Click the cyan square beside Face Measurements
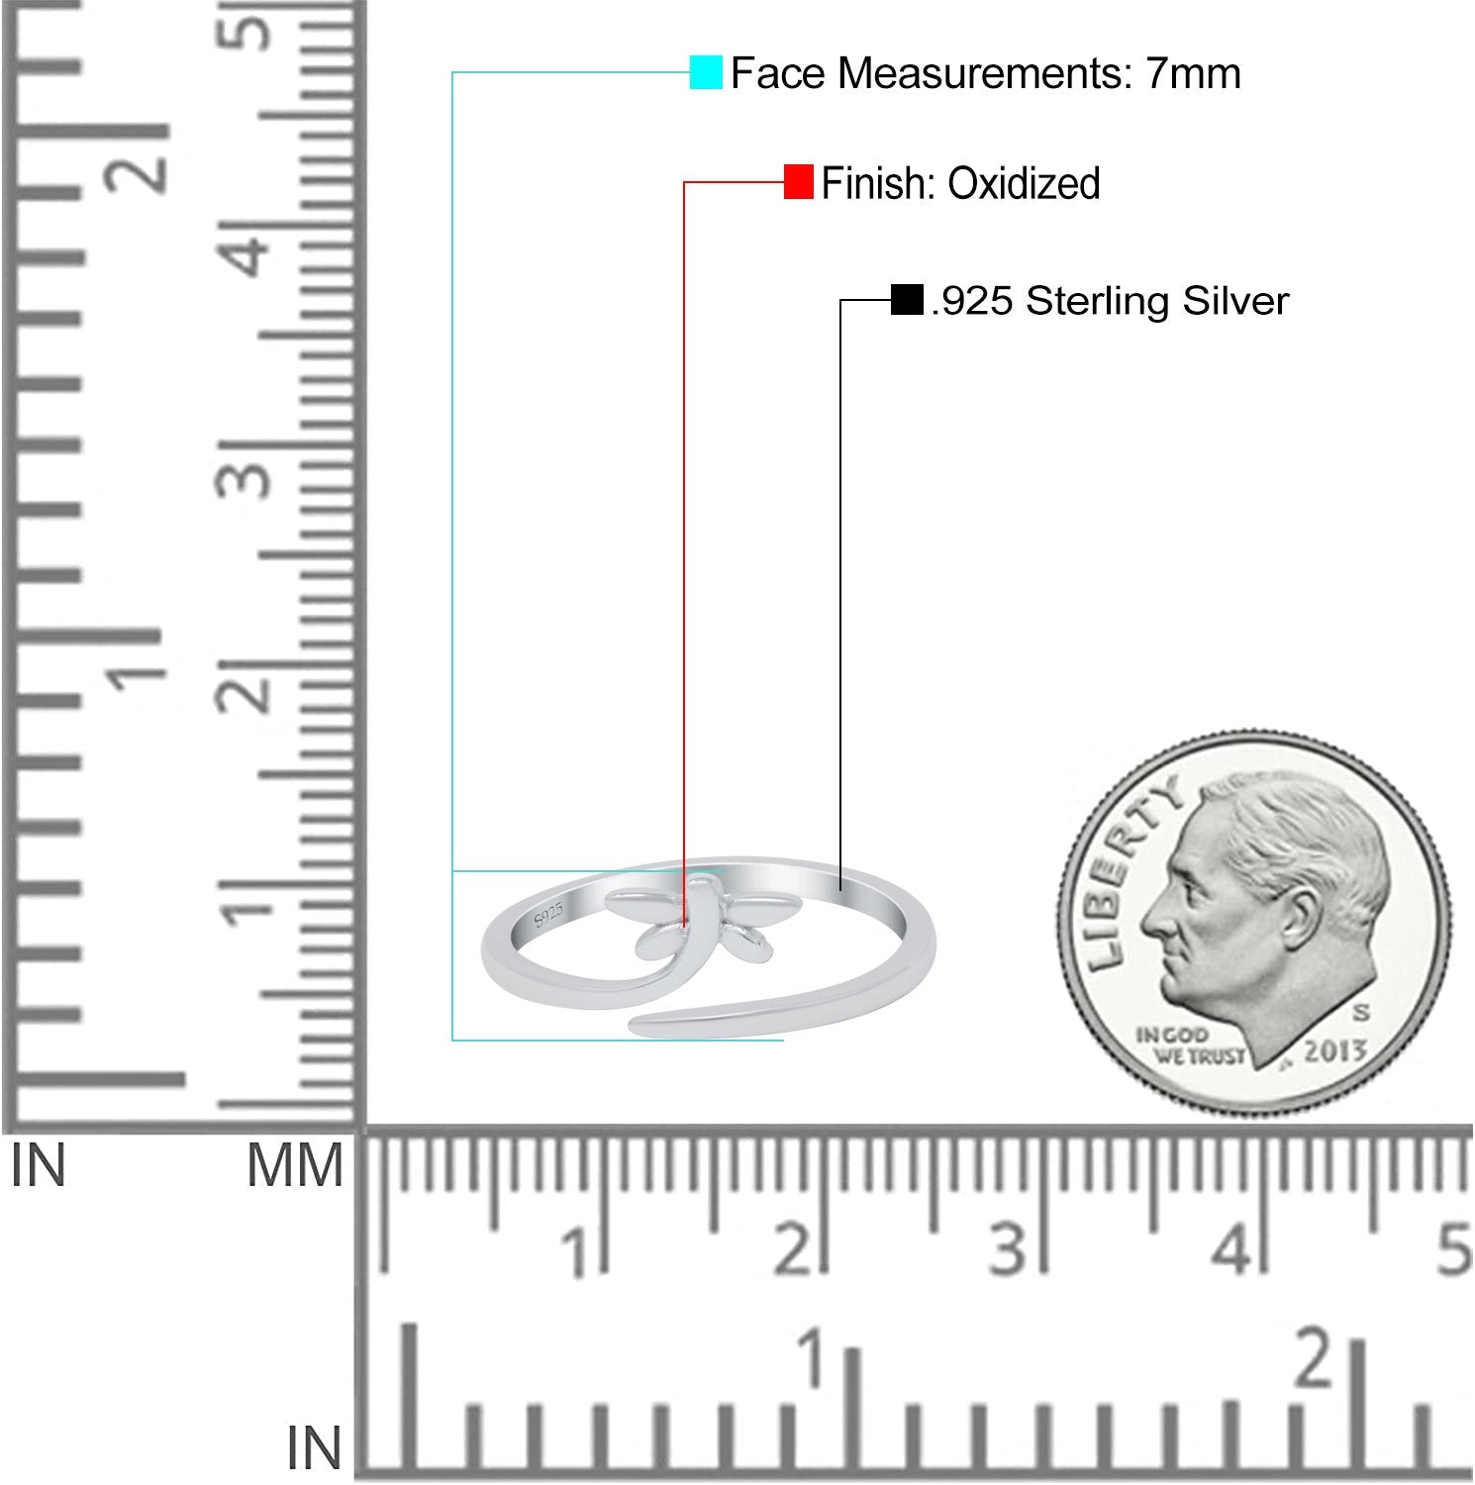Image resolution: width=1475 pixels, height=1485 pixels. point(706,72)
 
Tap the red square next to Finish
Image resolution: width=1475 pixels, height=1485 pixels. point(799,182)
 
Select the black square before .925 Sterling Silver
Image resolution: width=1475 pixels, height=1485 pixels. point(907,299)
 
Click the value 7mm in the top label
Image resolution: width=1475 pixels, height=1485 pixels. point(1194,73)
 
